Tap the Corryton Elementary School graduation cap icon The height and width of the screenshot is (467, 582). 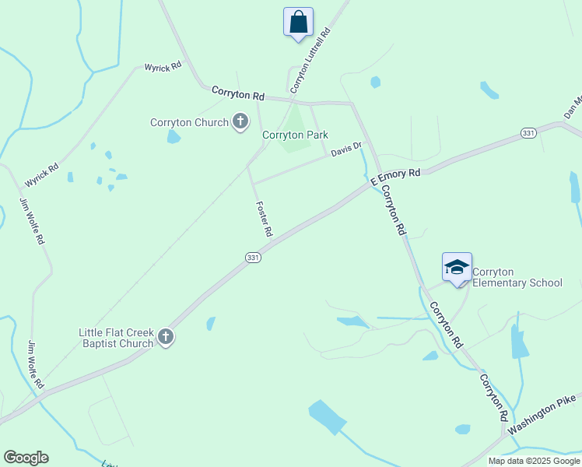pyautogui.click(x=457, y=268)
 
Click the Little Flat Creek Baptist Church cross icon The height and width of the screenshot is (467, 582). pyautogui.click(x=165, y=337)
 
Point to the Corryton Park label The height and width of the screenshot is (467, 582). pyautogui.click(x=295, y=135)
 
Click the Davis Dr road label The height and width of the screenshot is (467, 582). pyautogui.click(x=346, y=148)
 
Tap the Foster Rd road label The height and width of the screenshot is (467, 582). pyautogui.click(x=265, y=219)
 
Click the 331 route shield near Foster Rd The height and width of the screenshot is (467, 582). pyautogui.click(x=253, y=257)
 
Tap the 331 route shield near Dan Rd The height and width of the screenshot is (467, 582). pyautogui.click(x=528, y=133)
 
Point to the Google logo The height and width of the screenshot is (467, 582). pyautogui.click(x=26, y=458)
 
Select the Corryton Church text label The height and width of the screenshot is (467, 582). pyautogui.click(x=189, y=122)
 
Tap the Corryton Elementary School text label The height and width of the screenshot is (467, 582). pyautogui.click(x=517, y=277)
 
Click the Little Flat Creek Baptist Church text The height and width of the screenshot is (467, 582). pyautogui.click(x=116, y=337)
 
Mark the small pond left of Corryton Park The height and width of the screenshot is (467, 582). pyautogui.click(x=173, y=137)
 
